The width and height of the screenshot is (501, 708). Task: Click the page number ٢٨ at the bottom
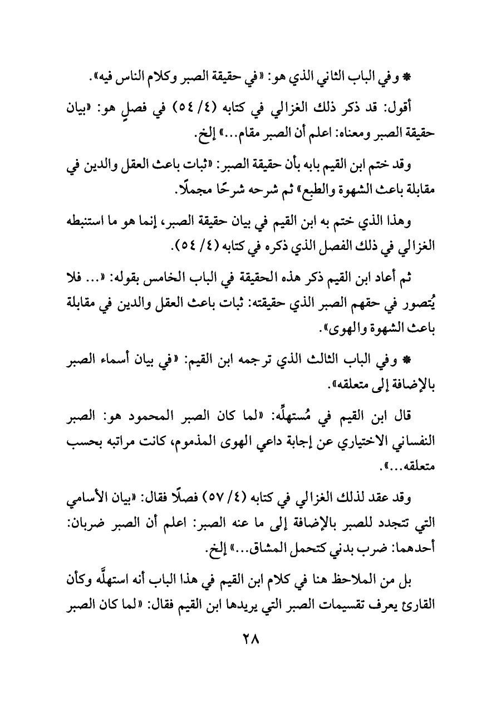click(x=250, y=651)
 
